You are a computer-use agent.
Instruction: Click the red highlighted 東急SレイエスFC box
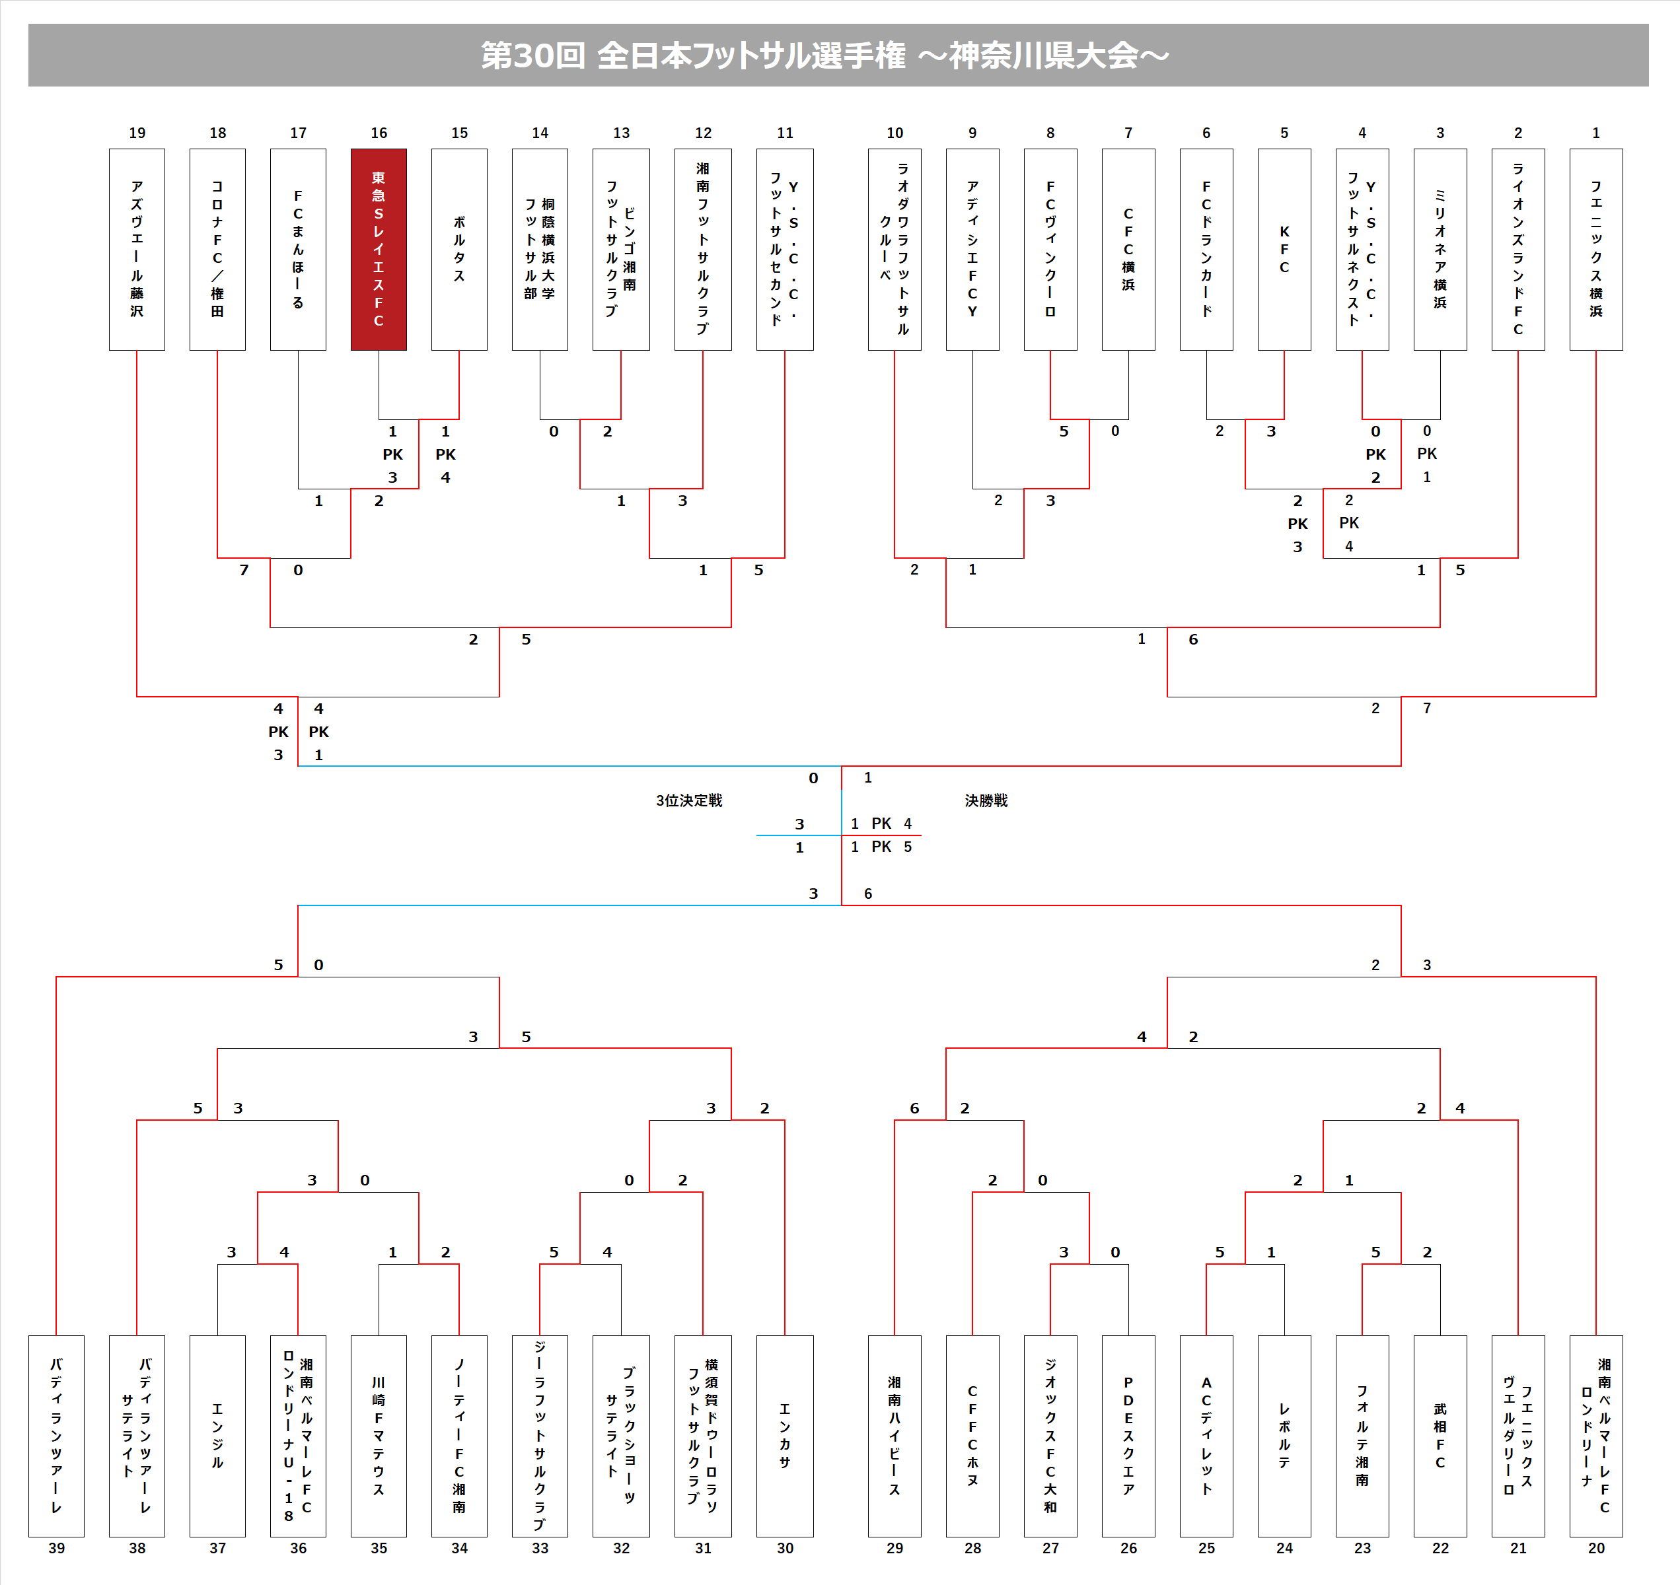pyautogui.click(x=379, y=249)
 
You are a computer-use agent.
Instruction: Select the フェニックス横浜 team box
pyautogui.click(x=1595, y=249)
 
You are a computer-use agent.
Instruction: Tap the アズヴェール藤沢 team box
pyautogui.click(x=137, y=249)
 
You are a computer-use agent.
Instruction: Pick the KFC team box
pyautogui.click(x=1284, y=249)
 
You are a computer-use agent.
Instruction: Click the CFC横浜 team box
pyautogui.click(x=1128, y=249)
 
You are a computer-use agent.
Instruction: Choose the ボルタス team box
pyautogui.click(x=459, y=249)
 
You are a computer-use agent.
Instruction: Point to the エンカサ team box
pyautogui.click(x=784, y=1436)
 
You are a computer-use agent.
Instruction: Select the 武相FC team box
pyautogui.click(x=1440, y=1436)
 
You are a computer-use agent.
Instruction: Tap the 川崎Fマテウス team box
pyautogui.click(x=379, y=1436)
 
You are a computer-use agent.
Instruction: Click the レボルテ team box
pyautogui.click(x=1284, y=1436)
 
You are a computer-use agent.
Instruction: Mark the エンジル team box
pyautogui.click(x=217, y=1436)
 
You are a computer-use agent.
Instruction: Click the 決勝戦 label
pyautogui.click(x=986, y=800)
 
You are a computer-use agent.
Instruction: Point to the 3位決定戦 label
pyautogui.click(x=689, y=800)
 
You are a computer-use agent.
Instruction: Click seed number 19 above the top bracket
pyautogui.click(x=137, y=133)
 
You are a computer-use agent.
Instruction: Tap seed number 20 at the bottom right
pyautogui.click(x=1595, y=1548)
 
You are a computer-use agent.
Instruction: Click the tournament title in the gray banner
pyautogui.click(x=824, y=55)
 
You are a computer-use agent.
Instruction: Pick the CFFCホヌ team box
pyautogui.click(x=972, y=1436)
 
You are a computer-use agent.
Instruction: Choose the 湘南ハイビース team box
pyautogui.click(x=894, y=1436)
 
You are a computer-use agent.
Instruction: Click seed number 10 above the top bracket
pyautogui.click(x=894, y=133)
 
